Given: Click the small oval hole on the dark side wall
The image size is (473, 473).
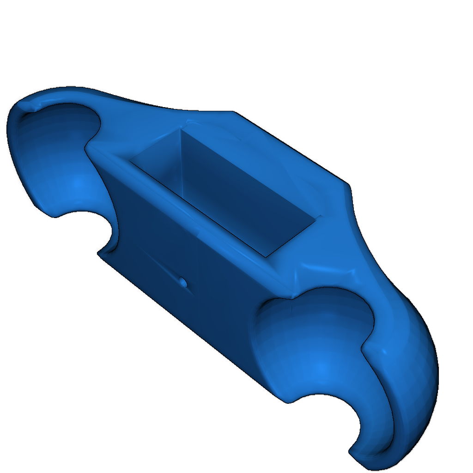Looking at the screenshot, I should click(x=183, y=282).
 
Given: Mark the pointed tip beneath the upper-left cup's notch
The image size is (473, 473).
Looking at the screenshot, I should click(x=98, y=253).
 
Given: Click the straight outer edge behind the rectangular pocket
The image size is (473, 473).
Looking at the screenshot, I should click(x=291, y=148).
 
